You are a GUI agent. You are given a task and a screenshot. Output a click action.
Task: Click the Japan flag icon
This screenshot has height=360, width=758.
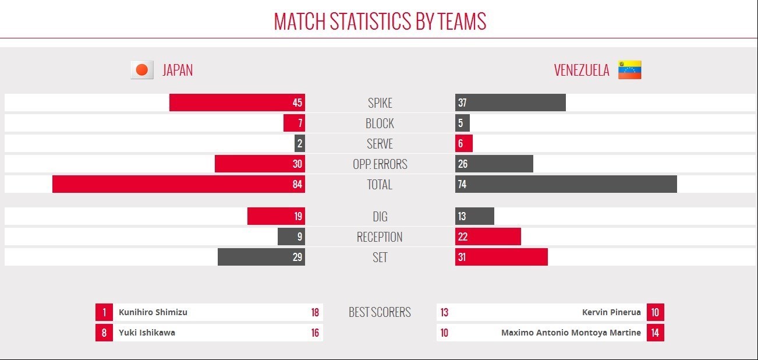tap(141, 70)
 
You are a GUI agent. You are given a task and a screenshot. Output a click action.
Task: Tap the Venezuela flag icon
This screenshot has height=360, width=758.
tap(629, 70)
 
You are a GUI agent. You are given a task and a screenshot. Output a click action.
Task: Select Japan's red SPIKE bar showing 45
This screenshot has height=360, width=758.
tap(237, 103)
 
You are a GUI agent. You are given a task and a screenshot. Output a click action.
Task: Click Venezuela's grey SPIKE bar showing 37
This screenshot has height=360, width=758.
tap(510, 103)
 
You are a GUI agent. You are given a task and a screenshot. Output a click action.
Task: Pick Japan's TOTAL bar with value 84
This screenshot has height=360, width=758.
tap(178, 184)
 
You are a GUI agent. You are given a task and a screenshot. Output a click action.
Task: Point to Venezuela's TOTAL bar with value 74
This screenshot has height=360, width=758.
tap(566, 184)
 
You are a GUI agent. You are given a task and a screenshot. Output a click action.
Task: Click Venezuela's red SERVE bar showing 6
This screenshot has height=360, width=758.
tap(464, 143)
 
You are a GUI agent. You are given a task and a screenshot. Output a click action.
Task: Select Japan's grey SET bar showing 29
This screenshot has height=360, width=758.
tap(261, 257)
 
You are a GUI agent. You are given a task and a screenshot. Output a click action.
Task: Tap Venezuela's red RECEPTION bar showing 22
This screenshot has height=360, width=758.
tap(488, 237)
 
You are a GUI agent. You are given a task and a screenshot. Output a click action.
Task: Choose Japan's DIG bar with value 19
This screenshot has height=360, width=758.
tap(276, 216)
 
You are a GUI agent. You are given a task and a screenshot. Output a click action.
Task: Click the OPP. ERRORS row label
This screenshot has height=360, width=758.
tap(380, 164)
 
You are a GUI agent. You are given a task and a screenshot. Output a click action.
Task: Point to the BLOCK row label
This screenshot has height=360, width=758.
tap(380, 123)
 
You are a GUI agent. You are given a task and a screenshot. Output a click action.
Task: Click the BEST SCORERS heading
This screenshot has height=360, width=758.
tap(380, 312)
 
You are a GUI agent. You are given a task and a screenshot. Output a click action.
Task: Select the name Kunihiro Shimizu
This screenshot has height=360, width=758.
tap(153, 312)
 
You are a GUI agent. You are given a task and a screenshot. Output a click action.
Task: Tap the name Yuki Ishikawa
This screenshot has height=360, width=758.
tap(147, 333)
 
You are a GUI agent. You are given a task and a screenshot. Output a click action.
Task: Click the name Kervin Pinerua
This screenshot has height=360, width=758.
tap(611, 312)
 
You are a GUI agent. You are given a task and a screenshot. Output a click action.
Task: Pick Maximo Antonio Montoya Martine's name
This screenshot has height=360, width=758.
tap(571, 333)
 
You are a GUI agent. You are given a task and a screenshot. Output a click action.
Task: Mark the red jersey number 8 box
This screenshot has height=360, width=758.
tap(104, 333)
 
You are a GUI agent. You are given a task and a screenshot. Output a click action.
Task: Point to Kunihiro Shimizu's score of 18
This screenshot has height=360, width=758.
tap(315, 312)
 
